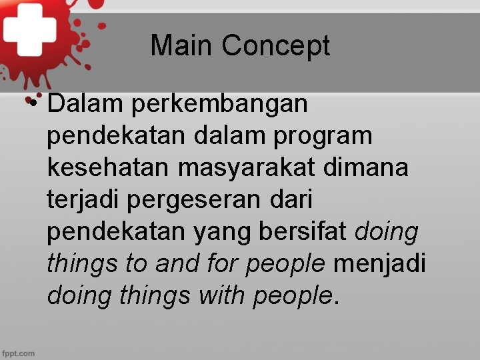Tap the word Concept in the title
click(x=276, y=46)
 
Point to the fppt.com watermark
click(x=18, y=353)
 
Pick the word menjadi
click(x=379, y=265)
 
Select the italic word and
click(x=177, y=263)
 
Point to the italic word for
click(x=223, y=263)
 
